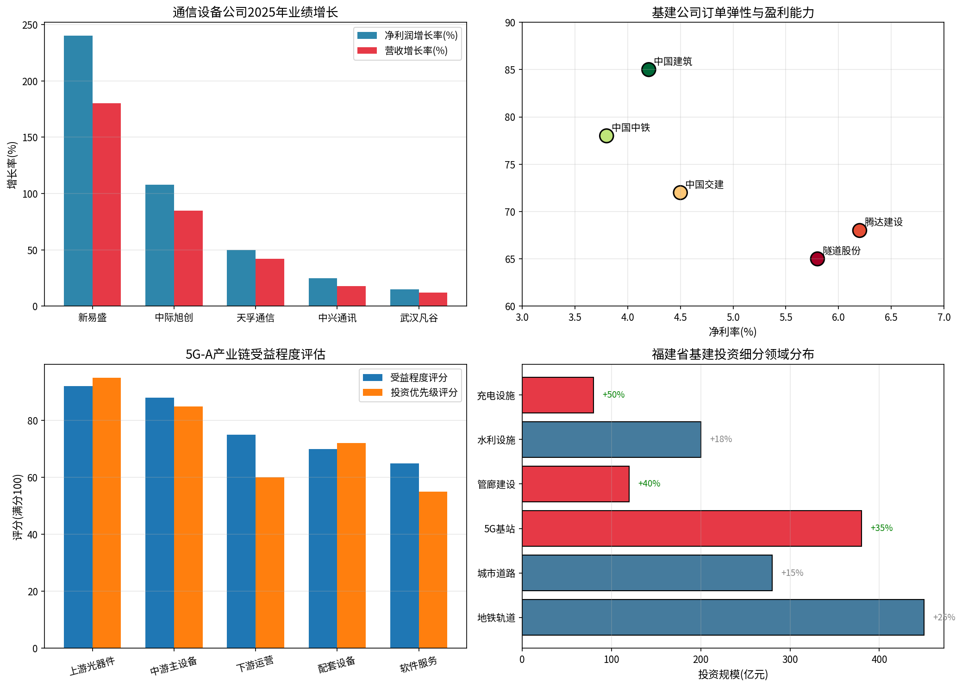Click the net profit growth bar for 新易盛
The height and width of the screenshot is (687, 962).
pos(78,171)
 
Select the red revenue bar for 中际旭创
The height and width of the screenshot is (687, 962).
pos(188,258)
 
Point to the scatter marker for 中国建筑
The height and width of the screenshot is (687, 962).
pos(649,69)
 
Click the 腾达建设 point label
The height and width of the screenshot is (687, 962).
pos(884,222)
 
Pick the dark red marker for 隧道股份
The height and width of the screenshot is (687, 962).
pos(817,259)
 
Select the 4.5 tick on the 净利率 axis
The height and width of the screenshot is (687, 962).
pos(680,318)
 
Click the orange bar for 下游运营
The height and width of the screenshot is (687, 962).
pos(270,562)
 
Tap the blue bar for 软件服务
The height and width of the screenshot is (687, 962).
pos(404,556)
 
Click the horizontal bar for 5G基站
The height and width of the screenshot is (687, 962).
pos(692,528)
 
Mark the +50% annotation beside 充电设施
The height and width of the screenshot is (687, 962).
pos(613,395)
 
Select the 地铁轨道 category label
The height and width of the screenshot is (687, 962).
pos(496,618)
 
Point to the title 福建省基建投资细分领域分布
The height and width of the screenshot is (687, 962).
pos(733,354)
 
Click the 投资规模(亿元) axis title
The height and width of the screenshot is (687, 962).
pos(733,675)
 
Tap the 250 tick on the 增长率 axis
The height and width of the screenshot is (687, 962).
pos(30,25)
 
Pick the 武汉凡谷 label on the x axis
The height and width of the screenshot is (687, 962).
pos(419,318)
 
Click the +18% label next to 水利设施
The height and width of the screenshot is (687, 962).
pos(721,439)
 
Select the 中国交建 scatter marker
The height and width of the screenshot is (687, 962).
pos(680,193)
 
